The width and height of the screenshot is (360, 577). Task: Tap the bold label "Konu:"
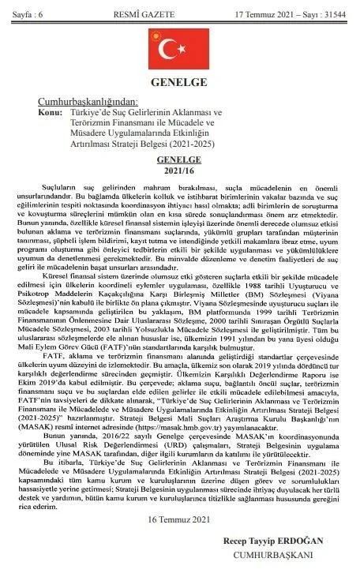click(50, 112)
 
